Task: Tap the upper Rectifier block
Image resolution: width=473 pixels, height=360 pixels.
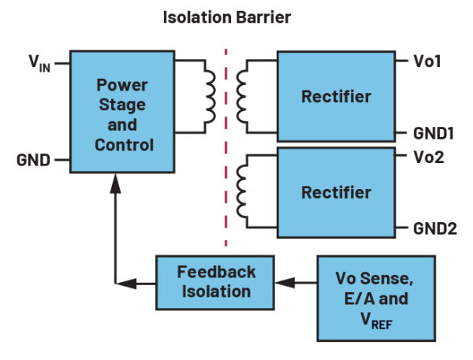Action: (x=336, y=97)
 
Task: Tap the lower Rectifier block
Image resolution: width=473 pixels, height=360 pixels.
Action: (x=336, y=192)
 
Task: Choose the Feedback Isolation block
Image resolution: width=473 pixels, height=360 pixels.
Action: (x=216, y=281)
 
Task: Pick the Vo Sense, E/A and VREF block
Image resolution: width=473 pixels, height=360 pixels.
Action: (x=372, y=298)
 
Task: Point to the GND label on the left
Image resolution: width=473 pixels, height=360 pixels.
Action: (x=34, y=161)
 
